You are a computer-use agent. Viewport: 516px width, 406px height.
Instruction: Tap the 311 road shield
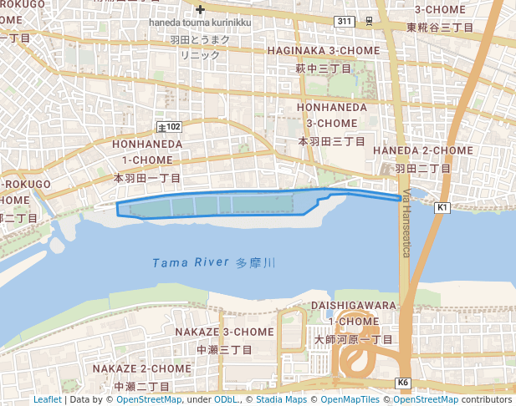point(344,19)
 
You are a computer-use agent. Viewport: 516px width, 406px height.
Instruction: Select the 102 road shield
point(169,127)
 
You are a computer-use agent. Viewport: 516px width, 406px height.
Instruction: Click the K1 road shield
point(442,206)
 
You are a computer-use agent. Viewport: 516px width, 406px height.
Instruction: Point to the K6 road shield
point(404,383)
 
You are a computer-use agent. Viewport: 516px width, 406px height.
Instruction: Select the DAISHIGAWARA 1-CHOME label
point(354,313)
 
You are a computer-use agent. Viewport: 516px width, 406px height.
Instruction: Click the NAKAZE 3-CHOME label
point(223,332)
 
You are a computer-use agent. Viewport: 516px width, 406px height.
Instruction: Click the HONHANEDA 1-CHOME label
point(146,151)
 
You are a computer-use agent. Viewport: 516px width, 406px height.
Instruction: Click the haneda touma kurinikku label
point(201,23)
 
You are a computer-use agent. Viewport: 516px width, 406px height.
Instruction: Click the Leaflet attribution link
point(47,400)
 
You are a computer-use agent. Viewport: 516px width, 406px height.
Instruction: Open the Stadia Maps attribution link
point(281,400)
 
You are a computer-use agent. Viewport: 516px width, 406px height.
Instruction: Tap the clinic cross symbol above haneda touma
point(201,10)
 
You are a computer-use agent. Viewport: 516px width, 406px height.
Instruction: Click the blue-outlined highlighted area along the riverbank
point(217,204)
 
